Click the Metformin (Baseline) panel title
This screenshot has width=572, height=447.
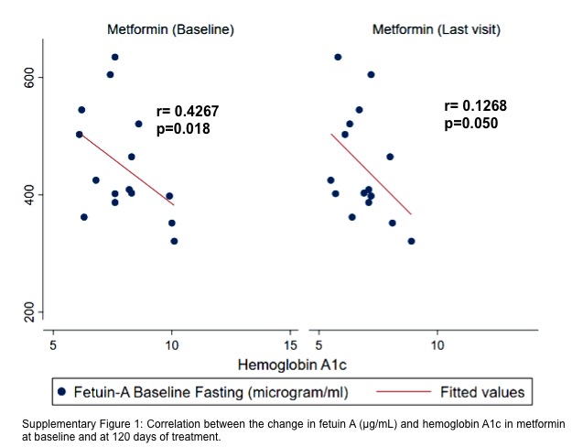pos(170,29)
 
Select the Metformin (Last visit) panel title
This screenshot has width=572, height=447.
pos(437,29)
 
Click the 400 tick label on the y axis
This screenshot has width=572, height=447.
pos(28,194)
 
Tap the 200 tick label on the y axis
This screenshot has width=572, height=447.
pos(28,312)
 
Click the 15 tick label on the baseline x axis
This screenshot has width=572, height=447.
pos(290,345)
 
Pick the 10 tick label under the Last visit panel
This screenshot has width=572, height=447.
pos(437,345)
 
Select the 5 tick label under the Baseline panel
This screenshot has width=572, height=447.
pos(53,345)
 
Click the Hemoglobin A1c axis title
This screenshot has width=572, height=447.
pos(292,365)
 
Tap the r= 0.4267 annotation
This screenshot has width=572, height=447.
pos(188,111)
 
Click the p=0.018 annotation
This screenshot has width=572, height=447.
pos(183,129)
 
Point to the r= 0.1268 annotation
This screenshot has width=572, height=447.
pos(475,105)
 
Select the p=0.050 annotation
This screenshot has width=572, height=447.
pos(471,124)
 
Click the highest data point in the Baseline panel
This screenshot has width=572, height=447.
pos(115,57)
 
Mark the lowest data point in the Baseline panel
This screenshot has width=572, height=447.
pos(174,241)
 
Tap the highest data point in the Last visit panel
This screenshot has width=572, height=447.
pos(338,57)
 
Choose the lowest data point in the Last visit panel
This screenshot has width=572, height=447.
pos(411,241)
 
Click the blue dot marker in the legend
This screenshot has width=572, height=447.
pos(62,392)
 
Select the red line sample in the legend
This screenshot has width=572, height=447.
pos(404,392)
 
